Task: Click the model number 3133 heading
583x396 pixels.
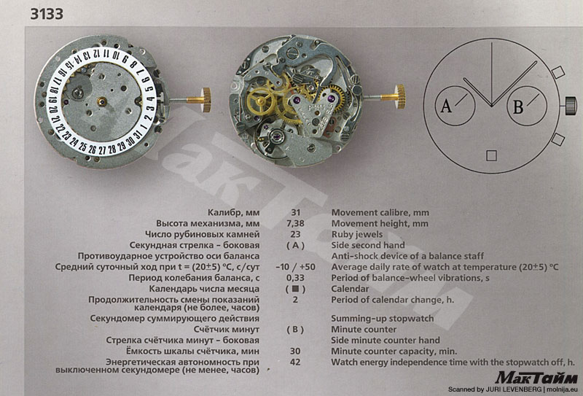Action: [47, 14]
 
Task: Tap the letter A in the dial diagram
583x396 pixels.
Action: [446, 106]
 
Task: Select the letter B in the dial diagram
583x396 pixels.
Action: [518, 107]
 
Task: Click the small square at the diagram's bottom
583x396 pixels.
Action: [491, 155]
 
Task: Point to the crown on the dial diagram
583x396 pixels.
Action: [571, 106]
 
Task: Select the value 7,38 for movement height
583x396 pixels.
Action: [295, 223]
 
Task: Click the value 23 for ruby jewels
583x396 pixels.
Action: [295, 234]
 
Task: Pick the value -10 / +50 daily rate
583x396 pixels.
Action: [295, 267]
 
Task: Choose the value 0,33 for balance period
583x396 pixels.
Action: [295, 278]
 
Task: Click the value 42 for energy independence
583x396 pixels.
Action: [295, 362]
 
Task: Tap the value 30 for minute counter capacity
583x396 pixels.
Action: [295, 351]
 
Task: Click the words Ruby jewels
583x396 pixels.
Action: [357, 235]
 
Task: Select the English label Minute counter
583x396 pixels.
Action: [364, 330]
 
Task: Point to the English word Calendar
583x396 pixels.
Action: [350, 289]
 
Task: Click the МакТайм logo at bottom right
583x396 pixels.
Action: [536, 377]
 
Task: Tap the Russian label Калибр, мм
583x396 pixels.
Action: [233, 213]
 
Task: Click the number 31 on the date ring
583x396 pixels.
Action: [138, 135]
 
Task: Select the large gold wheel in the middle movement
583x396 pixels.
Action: [259, 100]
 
